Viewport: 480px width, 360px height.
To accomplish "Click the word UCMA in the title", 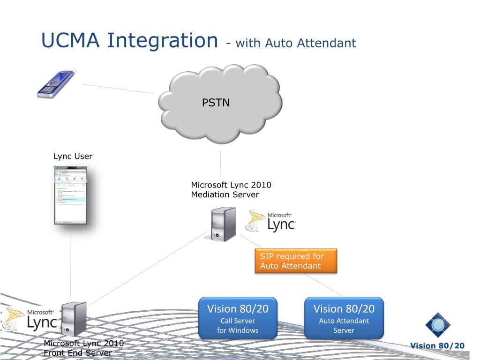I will click(x=70, y=40).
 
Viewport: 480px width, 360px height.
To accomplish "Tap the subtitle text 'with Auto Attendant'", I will click(x=295, y=44).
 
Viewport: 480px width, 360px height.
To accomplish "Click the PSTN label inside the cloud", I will click(x=216, y=103).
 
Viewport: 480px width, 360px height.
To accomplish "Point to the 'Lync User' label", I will click(x=73, y=156).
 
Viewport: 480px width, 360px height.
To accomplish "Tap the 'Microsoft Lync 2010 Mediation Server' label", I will click(x=231, y=190).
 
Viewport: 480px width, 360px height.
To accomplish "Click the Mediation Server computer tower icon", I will click(x=223, y=225).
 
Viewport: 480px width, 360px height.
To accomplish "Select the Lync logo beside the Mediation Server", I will click(x=271, y=222).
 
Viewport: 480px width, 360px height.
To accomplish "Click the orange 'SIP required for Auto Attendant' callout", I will click(x=296, y=261).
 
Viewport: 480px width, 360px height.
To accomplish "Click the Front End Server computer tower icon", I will click(x=74, y=319).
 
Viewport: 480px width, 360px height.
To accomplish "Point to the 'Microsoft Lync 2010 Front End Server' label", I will click(x=83, y=348).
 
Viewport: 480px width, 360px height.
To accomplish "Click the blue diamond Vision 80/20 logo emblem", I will click(x=438, y=325).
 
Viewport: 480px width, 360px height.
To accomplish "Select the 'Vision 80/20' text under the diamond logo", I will click(x=437, y=346).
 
